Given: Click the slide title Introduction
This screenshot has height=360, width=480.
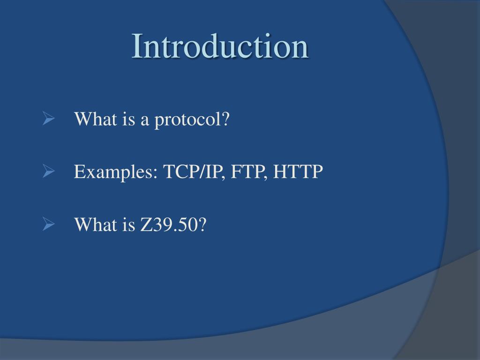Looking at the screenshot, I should pyautogui.click(x=220, y=46).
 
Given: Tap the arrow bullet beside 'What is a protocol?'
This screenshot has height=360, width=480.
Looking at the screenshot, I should pyautogui.click(x=49, y=119).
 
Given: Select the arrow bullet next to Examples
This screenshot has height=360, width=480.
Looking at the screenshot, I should pyautogui.click(x=49, y=172).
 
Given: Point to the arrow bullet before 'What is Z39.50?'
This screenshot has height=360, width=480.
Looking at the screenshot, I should pyautogui.click(x=49, y=225).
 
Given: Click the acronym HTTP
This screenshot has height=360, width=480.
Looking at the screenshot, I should pyautogui.click(x=299, y=172).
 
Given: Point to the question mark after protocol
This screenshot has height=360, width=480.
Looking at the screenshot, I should pyautogui.click(x=226, y=120).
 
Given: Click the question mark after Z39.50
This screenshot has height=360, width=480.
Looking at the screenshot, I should pyautogui.click(x=202, y=225).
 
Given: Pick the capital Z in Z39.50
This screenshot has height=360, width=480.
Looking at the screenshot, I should pyautogui.click(x=145, y=225).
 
